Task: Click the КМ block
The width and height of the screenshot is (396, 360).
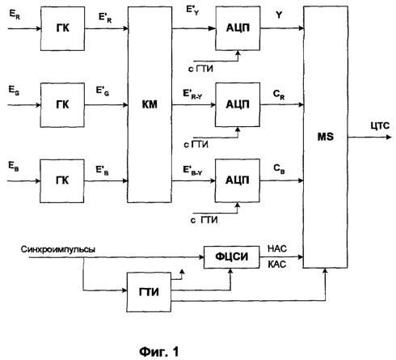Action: pos(150,104)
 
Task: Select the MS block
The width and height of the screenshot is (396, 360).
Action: pos(326,137)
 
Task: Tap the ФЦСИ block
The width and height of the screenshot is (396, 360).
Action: pos(232,257)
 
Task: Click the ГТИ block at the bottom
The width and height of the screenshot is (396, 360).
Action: pos(149,292)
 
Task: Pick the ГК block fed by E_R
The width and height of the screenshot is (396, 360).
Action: pos(62,28)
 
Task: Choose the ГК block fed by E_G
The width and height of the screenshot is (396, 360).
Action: pos(62,105)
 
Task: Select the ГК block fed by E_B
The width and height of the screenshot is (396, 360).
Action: pos(62,180)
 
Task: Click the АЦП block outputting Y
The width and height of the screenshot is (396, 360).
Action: pos(238,28)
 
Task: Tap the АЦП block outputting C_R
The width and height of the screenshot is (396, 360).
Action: pos(238,104)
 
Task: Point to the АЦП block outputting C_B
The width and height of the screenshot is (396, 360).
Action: pos(237,180)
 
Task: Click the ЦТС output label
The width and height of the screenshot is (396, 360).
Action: pos(380,126)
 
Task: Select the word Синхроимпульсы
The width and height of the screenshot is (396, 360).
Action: pos(58,249)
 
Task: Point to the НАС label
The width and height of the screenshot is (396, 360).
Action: pos(277,248)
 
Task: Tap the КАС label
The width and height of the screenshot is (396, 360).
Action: pos(277,265)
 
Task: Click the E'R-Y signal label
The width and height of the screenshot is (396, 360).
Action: pos(192,95)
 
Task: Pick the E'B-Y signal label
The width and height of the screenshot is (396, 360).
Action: pos(192,171)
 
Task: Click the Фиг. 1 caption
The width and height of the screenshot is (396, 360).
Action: pos(159,352)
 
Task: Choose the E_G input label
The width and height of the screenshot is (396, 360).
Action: pos(14,91)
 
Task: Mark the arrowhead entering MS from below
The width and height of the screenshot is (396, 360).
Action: pos(325,270)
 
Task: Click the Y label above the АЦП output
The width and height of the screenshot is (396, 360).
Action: pos(279,15)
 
